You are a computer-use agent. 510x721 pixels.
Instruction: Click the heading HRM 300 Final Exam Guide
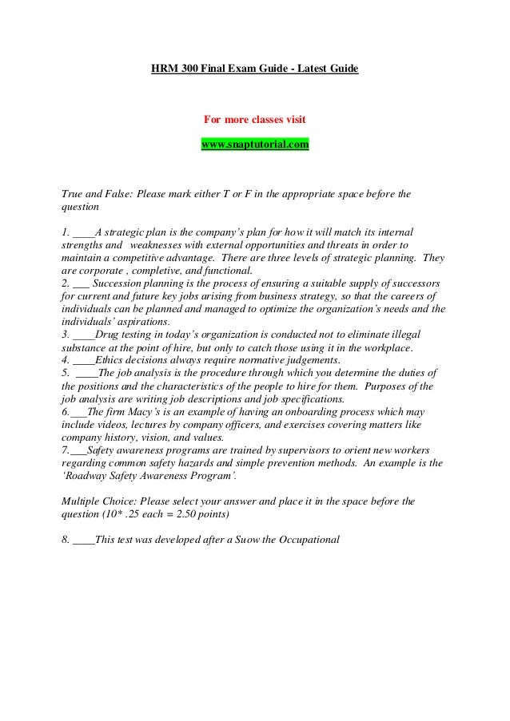(x=255, y=69)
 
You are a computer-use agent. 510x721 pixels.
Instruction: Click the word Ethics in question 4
(x=111, y=360)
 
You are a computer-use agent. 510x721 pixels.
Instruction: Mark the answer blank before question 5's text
(x=86, y=373)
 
